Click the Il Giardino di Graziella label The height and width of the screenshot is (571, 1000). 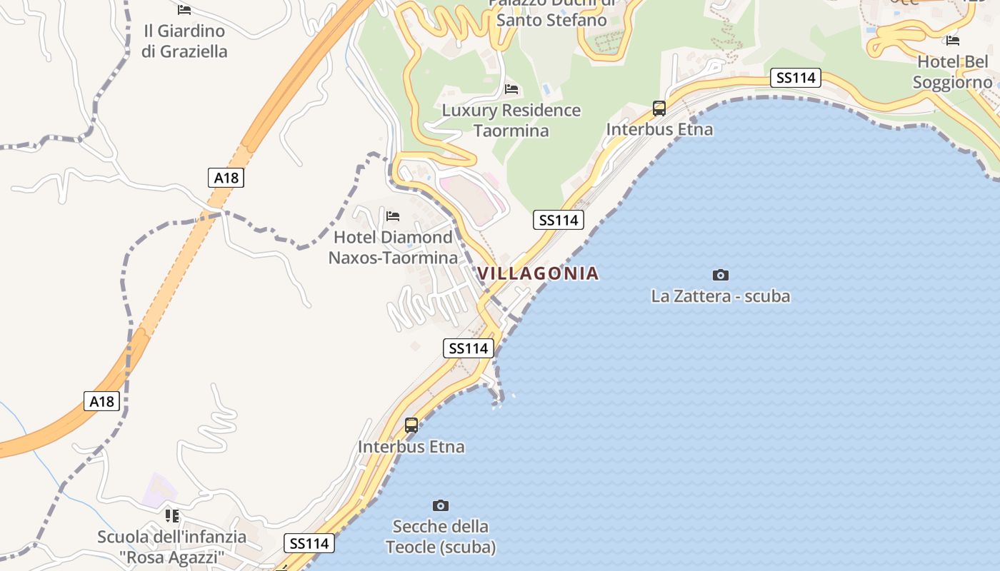[x=184, y=41]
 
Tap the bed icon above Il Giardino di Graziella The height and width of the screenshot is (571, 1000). [x=184, y=10]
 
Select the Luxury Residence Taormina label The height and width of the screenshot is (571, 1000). [x=511, y=121]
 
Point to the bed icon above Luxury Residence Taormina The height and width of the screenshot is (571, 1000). [x=511, y=89]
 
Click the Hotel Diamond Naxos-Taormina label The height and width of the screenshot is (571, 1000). [x=393, y=247]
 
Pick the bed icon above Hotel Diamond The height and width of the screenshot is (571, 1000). [x=393, y=216]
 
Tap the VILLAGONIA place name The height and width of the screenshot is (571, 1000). [x=538, y=273]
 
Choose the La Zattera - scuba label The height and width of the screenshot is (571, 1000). [x=720, y=295]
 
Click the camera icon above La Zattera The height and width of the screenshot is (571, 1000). [x=720, y=275]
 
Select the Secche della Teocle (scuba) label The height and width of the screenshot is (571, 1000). [x=441, y=537]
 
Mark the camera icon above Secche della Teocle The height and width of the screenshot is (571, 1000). [x=441, y=505]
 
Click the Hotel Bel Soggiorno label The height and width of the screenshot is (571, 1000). [x=952, y=72]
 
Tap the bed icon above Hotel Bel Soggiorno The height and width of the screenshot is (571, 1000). [x=952, y=40]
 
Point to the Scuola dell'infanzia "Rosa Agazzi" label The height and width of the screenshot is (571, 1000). [x=172, y=547]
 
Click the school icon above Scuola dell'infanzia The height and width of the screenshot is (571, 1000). [x=172, y=515]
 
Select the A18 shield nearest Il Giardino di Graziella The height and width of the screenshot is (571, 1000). [x=226, y=178]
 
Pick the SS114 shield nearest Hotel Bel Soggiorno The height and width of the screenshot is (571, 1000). [x=796, y=78]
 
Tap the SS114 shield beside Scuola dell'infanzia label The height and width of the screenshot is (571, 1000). [x=309, y=543]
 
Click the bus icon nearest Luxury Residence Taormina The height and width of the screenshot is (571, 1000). [x=659, y=108]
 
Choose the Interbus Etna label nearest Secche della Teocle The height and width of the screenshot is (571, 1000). [x=411, y=447]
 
